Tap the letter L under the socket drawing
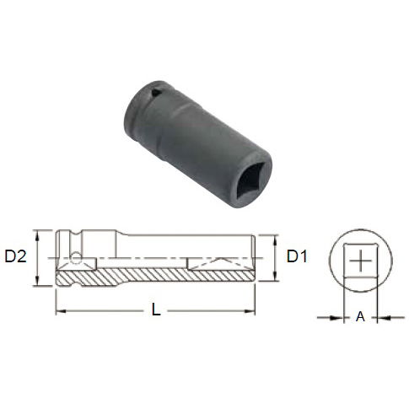click(x=156, y=309)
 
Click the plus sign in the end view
click(x=361, y=260)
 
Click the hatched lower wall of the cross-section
click(x=152, y=277)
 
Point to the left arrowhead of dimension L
click(x=60, y=312)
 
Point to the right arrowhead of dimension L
click(x=254, y=312)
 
